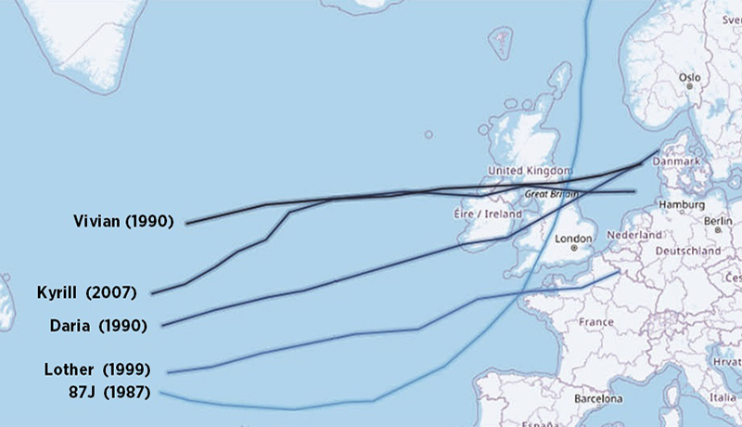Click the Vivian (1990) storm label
point(123,222)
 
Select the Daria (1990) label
point(96,325)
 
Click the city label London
point(572,238)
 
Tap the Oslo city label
point(689,78)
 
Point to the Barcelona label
point(595,399)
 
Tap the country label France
point(595,322)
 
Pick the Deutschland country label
point(688,251)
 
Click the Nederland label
point(635,235)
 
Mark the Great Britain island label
point(547,195)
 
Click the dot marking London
point(575,248)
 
